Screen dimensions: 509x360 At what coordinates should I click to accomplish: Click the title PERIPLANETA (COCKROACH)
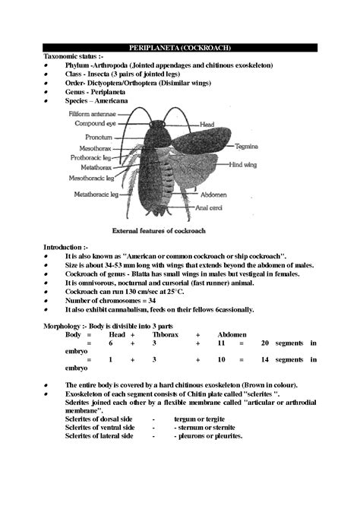tap(180, 48)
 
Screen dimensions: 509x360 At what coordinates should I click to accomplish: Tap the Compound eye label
tap(94, 124)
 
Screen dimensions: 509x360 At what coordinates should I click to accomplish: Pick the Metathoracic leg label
tap(96, 194)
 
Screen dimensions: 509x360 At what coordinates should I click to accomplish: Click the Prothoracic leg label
tap(91, 157)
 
